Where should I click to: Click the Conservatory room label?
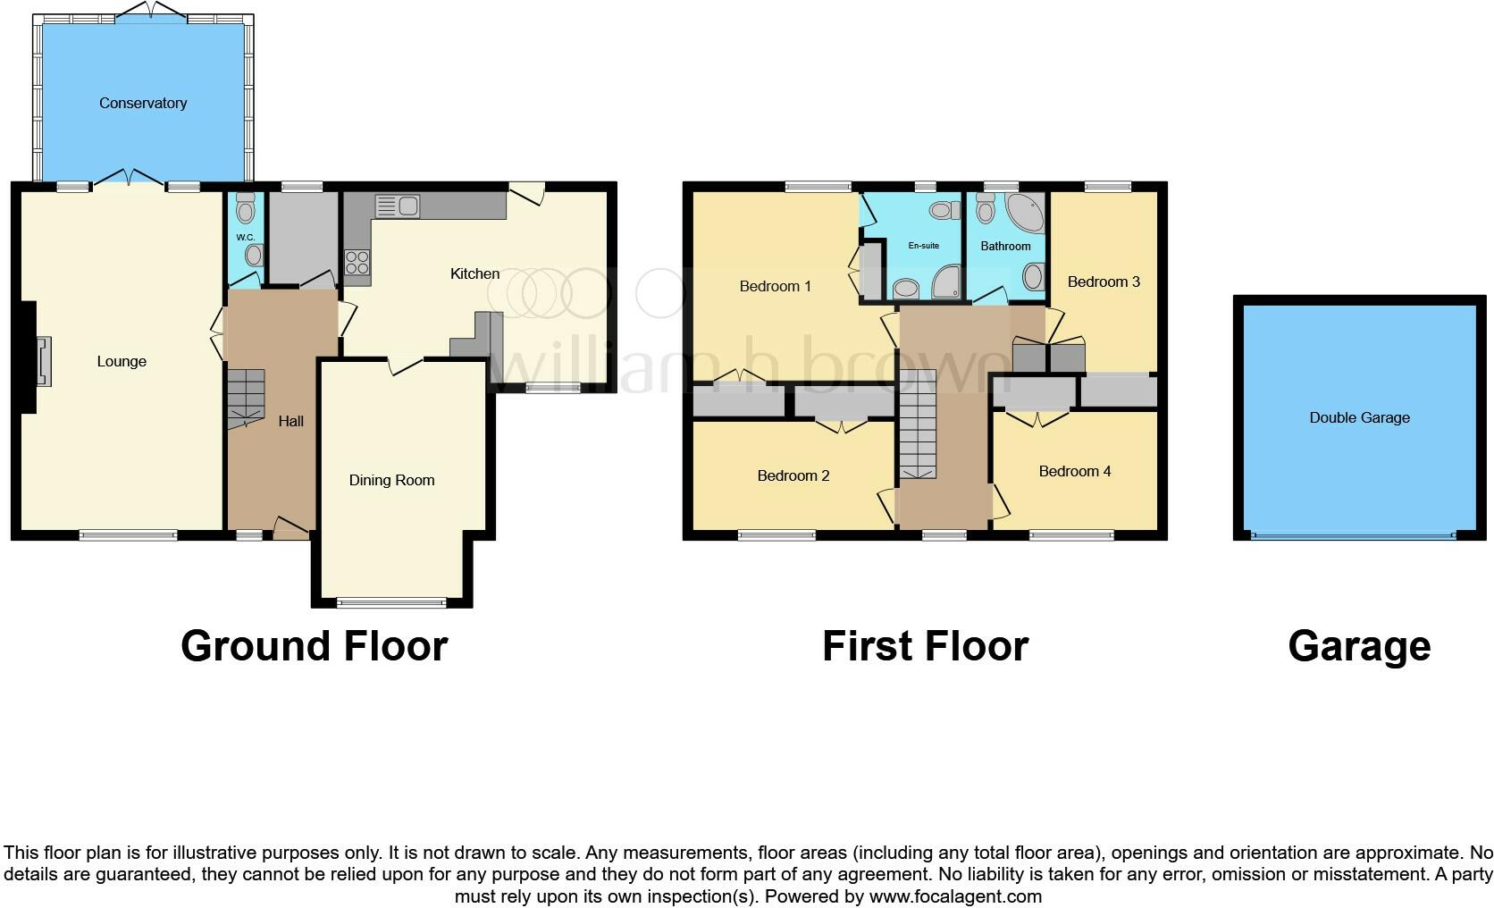143,103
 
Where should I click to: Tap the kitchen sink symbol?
398,206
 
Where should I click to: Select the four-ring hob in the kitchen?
357,262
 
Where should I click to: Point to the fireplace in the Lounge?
42,361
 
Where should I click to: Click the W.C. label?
246,237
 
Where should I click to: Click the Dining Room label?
391,480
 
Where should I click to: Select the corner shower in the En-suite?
947,283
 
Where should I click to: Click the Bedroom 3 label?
1104,282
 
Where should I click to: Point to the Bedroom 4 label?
1075,471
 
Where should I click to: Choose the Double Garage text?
1359,417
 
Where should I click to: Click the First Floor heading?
925,646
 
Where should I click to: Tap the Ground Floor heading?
314,646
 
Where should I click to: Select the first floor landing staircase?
917,425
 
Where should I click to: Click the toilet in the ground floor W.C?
246,208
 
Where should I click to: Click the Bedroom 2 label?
793,475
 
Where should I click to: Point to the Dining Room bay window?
391,602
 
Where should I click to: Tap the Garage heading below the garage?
1359,646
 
